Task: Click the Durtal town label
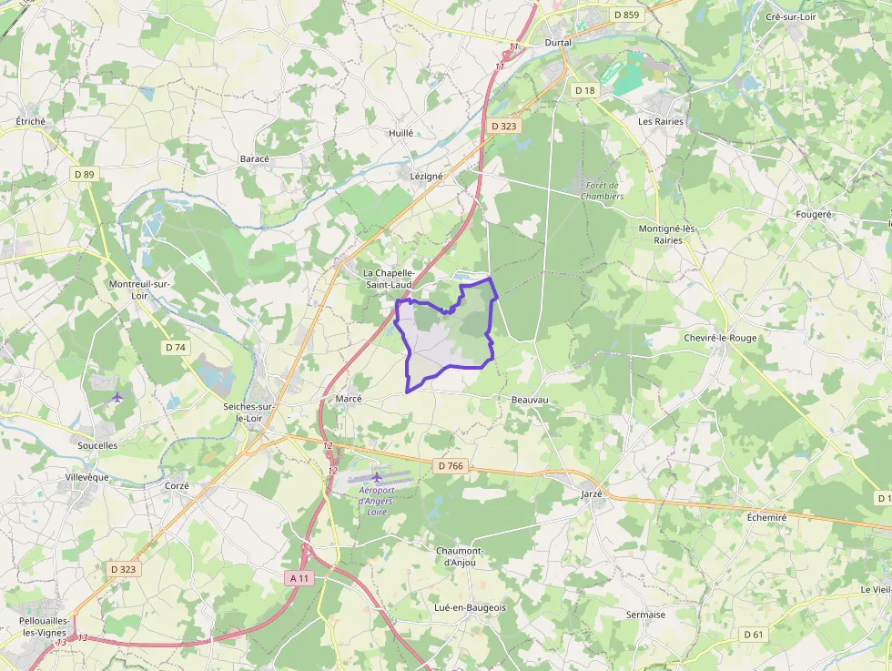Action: pyautogui.click(x=557, y=43)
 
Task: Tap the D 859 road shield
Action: pyautogui.click(x=626, y=15)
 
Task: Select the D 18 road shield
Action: pyautogui.click(x=584, y=90)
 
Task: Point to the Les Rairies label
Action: pyautogui.click(x=661, y=121)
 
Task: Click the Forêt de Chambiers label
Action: pyautogui.click(x=603, y=190)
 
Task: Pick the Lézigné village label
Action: pyautogui.click(x=426, y=176)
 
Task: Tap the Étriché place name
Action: pyautogui.click(x=31, y=121)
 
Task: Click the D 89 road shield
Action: pyautogui.click(x=85, y=174)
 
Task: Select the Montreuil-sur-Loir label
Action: pyautogui.click(x=140, y=290)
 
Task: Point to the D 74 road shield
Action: pyautogui.click(x=176, y=347)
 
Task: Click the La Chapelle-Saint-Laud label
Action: pyautogui.click(x=389, y=279)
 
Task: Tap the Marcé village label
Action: pyautogui.click(x=349, y=399)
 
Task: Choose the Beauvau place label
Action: pyautogui.click(x=530, y=400)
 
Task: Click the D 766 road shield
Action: pyautogui.click(x=451, y=466)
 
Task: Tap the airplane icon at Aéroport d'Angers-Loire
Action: pyautogui.click(x=377, y=476)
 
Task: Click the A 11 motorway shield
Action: pyautogui.click(x=299, y=577)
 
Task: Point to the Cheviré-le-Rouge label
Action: pyautogui.click(x=720, y=338)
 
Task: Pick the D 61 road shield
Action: pyautogui.click(x=753, y=634)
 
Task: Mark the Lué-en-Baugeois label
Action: pyautogui.click(x=471, y=607)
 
